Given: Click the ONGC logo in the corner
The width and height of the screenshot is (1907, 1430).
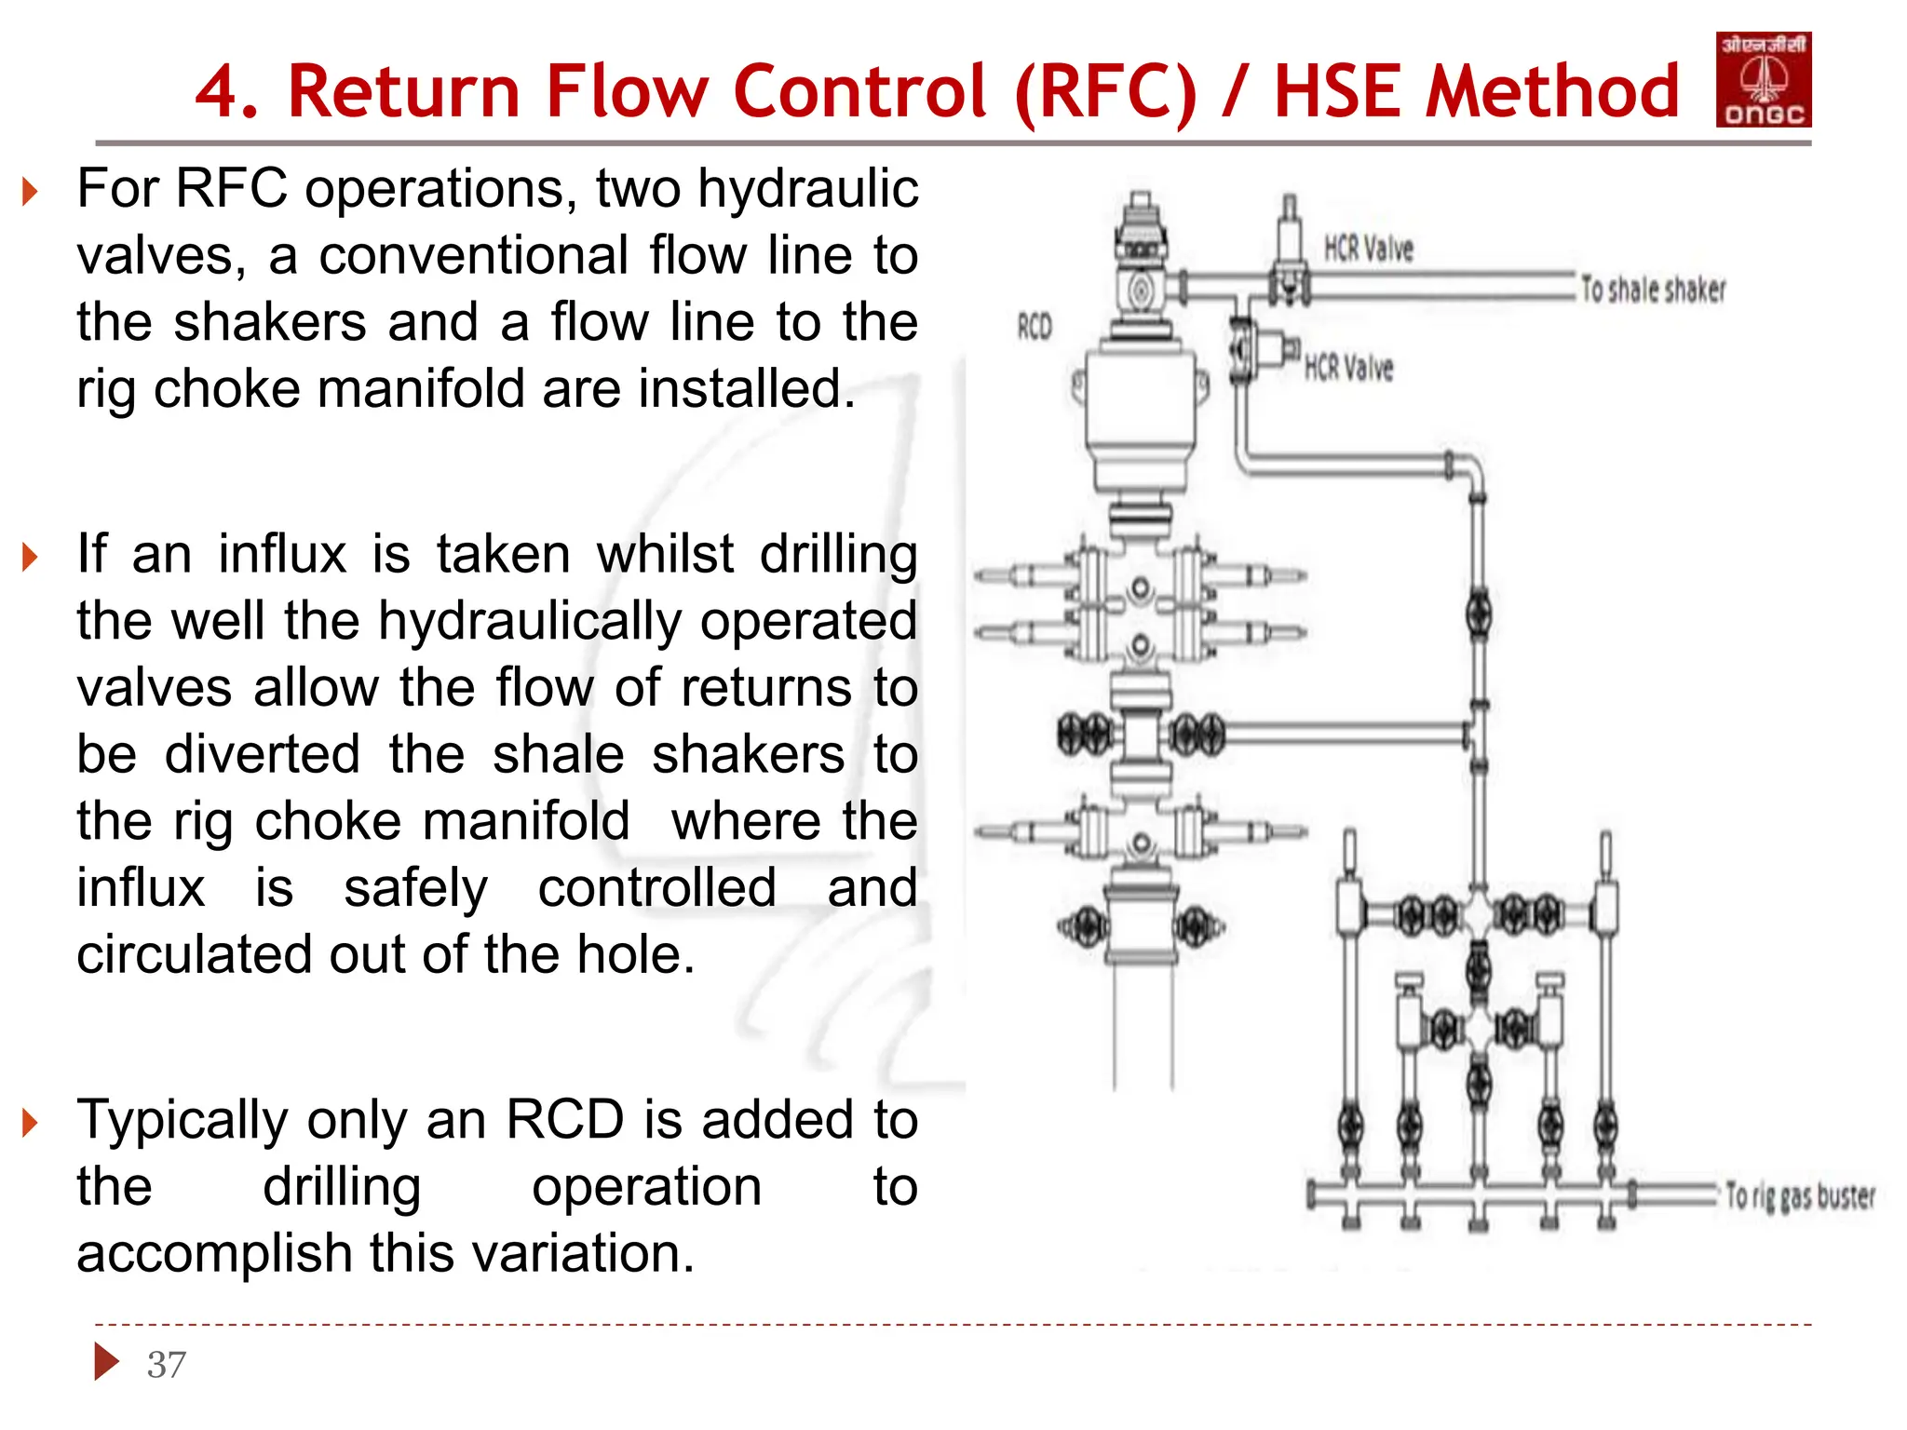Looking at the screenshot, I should click(x=1763, y=79).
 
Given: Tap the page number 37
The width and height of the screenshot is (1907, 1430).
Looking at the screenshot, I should click(x=167, y=1365).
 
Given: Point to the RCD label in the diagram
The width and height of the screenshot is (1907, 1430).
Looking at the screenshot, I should click(x=1035, y=327).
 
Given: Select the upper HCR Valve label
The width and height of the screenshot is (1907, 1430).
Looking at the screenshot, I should click(x=1368, y=249).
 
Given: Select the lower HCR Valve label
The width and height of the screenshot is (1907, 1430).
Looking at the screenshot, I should click(x=1348, y=368).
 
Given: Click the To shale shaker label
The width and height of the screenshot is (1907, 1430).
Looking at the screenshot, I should click(x=1653, y=290).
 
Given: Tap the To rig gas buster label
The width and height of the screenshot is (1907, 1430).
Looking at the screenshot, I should click(x=1799, y=1195).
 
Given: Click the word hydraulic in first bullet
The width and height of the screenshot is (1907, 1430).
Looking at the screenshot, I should click(x=807, y=189).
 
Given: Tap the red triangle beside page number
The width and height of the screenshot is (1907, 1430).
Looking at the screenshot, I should click(x=107, y=1362).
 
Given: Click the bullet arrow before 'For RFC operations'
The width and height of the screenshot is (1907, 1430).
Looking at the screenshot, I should click(x=31, y=193).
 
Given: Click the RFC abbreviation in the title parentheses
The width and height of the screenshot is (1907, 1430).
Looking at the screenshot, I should click(x=1105, y=91).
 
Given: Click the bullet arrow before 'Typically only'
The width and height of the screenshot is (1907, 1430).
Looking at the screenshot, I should click(x=31, y=1123).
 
